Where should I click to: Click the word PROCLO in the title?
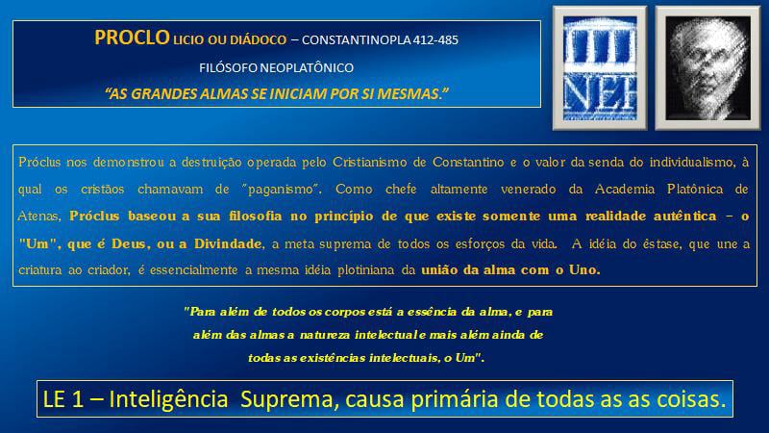132,38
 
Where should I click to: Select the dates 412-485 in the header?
435,39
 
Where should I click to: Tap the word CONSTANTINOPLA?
356,39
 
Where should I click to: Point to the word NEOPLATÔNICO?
307,67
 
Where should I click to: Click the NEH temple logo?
600,68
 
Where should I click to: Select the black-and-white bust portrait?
707,68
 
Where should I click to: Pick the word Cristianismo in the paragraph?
369,163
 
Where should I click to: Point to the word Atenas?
39,216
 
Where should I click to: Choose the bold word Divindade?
229,243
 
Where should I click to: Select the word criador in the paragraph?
109,270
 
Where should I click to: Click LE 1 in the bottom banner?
62,399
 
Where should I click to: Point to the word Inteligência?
168,399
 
